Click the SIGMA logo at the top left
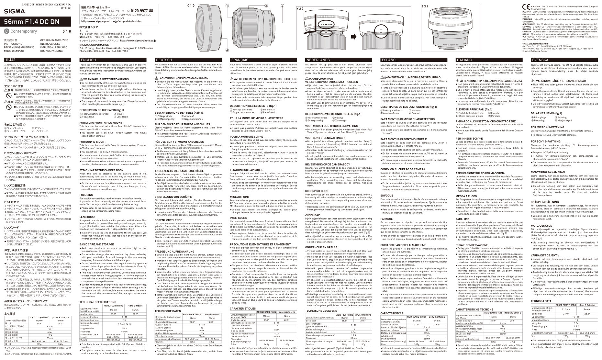click(x=10, y=11)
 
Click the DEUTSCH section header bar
click(x=190, y=60)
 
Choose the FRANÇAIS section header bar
click(x=265, y=60)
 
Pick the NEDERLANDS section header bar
click(x=340, y=60)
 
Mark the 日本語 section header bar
click(x=39, y=60)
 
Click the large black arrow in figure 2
click(x=354, y=37)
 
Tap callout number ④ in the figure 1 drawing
click(x=227, y=50)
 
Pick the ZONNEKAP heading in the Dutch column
click(x=313, y=215)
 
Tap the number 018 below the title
click(x=66, y=31)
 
